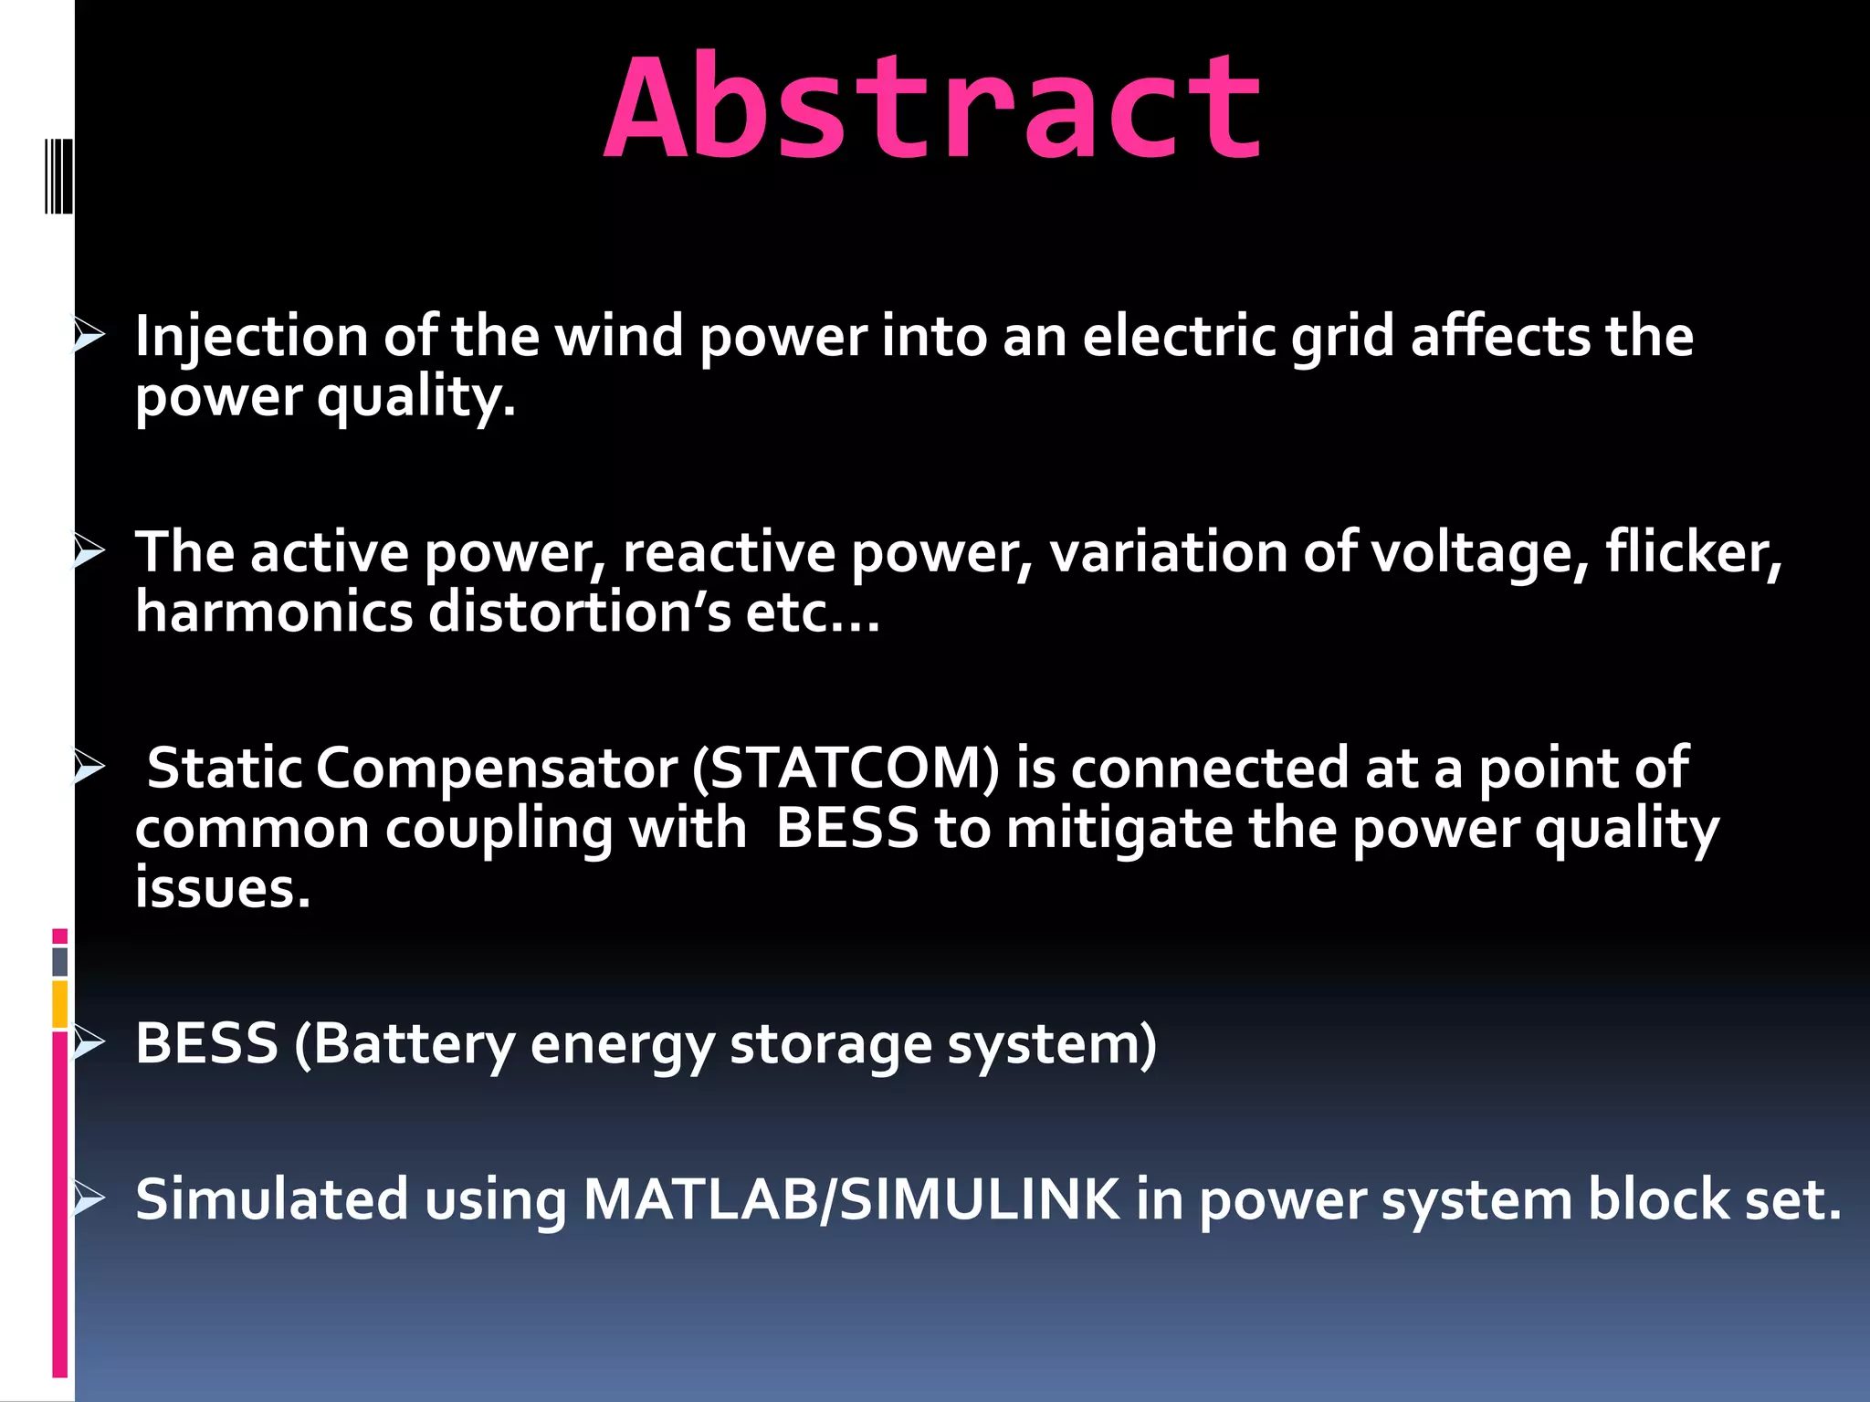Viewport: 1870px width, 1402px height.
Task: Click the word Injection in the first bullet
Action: (x=250, y=338)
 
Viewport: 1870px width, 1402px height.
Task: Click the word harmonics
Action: (x=274, y=612)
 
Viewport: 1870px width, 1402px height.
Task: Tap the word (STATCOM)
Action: (x=846, y=769)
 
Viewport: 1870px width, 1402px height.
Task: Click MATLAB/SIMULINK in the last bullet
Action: (x=851, y=1199)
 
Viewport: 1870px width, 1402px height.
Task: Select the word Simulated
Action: (x=271, y=1199)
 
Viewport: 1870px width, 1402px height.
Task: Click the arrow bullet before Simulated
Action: (x=89, y=1198)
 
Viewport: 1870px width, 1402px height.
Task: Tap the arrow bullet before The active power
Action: (x=89, y=551)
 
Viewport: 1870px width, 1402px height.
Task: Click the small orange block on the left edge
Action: (x=60, y=1003)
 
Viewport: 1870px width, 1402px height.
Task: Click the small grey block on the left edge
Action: (x=60, y=961)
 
